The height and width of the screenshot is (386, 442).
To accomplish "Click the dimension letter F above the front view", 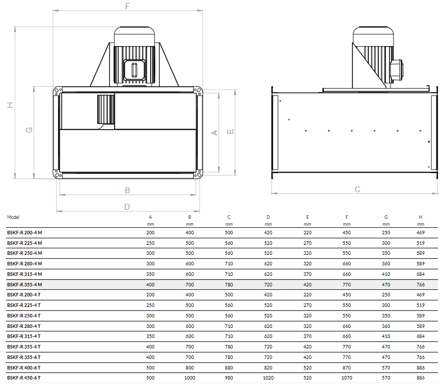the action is (128, 6).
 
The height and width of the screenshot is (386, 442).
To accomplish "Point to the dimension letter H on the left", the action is (10, 105).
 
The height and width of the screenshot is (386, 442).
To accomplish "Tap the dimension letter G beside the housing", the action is (29, 130).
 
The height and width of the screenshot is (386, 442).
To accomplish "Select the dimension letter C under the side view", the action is (357, 189).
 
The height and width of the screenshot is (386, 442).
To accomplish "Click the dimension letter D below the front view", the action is (127, 207).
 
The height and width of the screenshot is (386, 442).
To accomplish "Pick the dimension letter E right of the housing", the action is (230, 131).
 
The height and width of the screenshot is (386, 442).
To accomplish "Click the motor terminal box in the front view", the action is (135, 70).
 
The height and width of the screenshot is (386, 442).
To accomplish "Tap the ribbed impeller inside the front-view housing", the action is (106, 109).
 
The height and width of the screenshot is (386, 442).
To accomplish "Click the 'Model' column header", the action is (13, 217).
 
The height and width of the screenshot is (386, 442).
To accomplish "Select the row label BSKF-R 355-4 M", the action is (25, 284).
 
